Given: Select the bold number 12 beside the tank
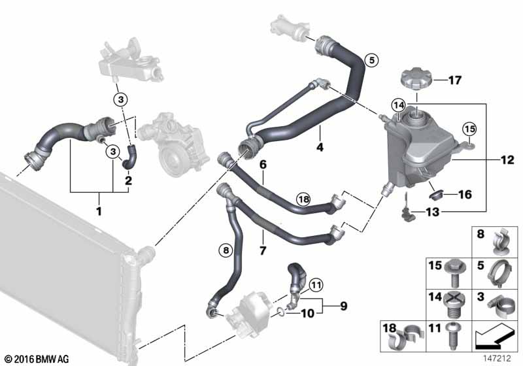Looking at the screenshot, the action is pyautogui.click(x=507, y=160).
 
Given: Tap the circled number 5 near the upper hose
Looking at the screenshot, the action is pyautogui.click(x=371, y=60).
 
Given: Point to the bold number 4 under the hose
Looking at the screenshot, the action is pyautogui.click(x=320, y=146).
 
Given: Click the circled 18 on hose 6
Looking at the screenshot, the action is pyautogui.click(x=303, y=200).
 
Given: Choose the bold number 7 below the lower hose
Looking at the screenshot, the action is pyautogui.click(x=263, y=250).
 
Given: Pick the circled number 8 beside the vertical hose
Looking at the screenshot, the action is pyautogui.click(x=226, y=250).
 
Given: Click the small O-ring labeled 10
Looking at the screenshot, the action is pyautogui.click(x=281, y=312).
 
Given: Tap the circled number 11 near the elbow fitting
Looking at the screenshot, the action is pyautogui.click(x=316, y=285).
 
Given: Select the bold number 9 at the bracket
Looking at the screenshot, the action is pyautogui.click(x=344, y=306).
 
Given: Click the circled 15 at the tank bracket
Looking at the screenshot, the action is pyautogui.click(x=469, y=129).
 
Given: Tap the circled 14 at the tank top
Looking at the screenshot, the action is pyautogui.click(x=399, y=106).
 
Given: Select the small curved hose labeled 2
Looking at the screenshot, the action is pyautogui.click(x=129, y=157).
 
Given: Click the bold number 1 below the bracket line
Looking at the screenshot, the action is pyautogui.click(x=99, y=211).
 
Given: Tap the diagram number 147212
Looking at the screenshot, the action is pyautogui.click(x=498, y=359).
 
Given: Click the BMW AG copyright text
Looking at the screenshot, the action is pyautogui.click(x=37, y=359).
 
